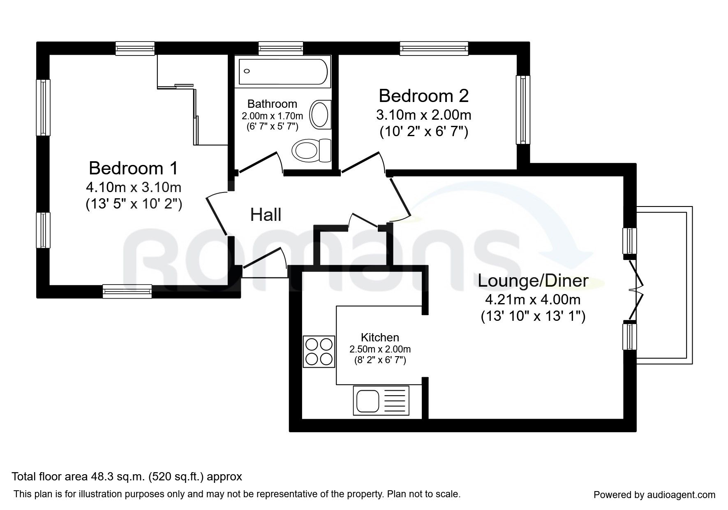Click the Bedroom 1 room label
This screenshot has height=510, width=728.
point(134,168)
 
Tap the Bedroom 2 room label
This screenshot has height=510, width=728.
point(423,96)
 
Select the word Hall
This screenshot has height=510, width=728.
point(266,215)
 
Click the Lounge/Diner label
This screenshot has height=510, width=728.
point(533,281)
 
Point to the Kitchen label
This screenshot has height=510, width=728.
point(380,338)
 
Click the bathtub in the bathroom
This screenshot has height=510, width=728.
point(283,72)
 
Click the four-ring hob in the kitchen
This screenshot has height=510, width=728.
point(319,352)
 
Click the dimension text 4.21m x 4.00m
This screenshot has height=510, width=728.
point(533,299)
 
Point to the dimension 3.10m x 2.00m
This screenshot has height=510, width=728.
point(423,115)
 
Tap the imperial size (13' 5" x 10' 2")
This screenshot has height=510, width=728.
point(134,204)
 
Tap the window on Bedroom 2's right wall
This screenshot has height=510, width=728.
point(523,110)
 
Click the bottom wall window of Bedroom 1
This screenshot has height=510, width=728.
point(127,291)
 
